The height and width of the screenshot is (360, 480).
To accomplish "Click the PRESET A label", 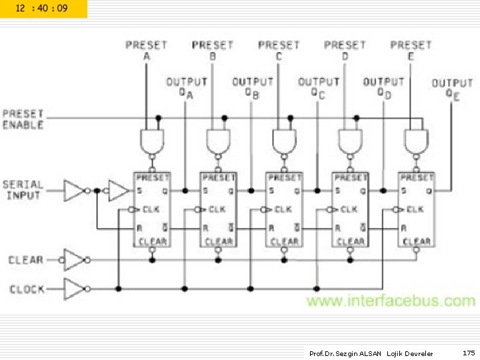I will pos(146,50).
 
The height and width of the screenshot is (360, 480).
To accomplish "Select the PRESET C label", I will pos(279,50).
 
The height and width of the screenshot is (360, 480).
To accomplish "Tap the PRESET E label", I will pos(411,50).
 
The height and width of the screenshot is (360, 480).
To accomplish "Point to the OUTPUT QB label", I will pos(253,87).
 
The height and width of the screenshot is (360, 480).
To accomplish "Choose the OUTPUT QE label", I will pos(453,89).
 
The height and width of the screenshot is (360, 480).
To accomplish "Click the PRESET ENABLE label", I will pos(23,119).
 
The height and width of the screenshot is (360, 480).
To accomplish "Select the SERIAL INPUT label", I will pos(23,190).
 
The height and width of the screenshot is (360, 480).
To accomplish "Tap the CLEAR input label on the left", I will pos(26,260).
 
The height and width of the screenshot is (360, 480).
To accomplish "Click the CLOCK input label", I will pos(27,289).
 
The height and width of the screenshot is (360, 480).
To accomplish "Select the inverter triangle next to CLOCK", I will pos(73,289).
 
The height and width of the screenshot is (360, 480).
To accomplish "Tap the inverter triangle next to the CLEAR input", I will pos(73,259).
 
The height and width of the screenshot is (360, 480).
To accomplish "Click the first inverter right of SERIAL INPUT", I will pos(75,190).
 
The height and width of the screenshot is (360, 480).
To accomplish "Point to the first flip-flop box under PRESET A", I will pos(152,209).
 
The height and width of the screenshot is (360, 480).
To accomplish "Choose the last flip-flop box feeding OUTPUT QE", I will pos(416,209).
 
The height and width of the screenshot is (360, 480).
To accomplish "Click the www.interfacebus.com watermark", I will pos(391,301).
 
